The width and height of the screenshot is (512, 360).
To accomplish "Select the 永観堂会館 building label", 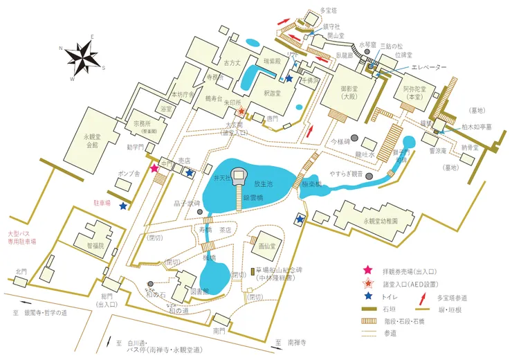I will point(91,141).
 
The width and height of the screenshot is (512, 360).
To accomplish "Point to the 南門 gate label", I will point(219,332).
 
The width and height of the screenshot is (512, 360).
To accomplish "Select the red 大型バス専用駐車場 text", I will point(22,237).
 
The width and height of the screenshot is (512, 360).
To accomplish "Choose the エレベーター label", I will point(430,66).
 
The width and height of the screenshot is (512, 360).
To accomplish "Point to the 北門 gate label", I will point(21,271).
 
